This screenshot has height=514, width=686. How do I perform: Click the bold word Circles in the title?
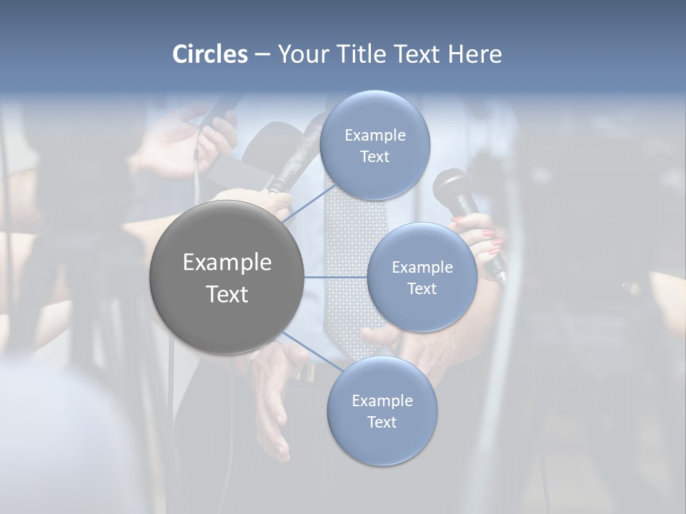[210, 54]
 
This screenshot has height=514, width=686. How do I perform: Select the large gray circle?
[227, 278]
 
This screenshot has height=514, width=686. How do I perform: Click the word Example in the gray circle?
[227, 263]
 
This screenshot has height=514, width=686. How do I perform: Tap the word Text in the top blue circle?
[374, 157]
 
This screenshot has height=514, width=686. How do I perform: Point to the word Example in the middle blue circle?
[422, 268]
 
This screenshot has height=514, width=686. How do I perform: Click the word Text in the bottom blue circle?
[382, 423]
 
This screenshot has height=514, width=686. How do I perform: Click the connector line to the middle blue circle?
[336, 277]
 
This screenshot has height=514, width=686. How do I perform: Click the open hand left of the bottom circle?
[272, 400]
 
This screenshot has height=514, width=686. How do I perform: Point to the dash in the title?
[262, 54]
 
